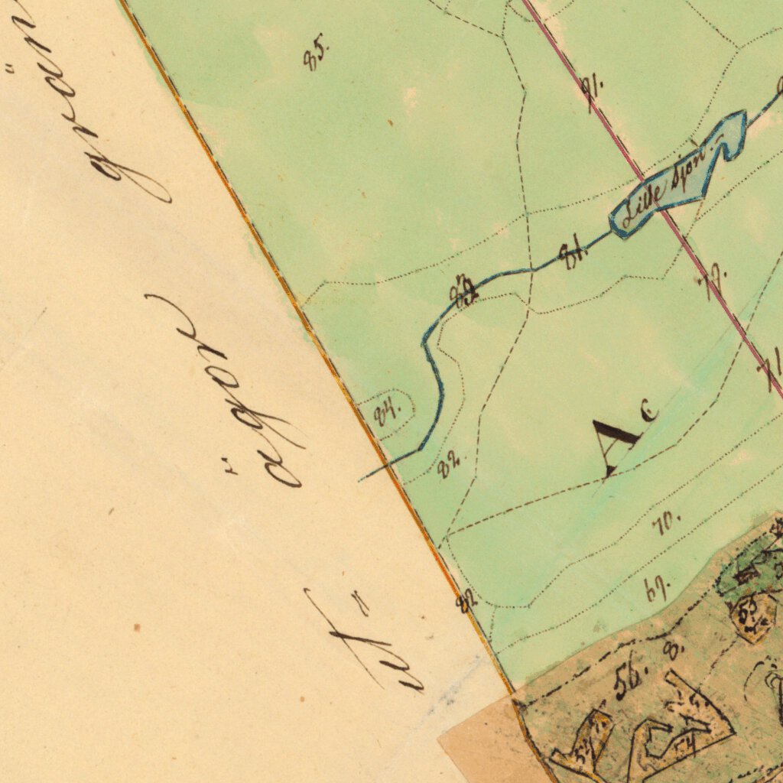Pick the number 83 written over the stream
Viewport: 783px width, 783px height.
463,291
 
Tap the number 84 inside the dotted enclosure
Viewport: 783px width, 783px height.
388,414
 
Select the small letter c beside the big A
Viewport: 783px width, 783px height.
650,414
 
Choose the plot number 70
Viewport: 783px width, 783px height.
666,524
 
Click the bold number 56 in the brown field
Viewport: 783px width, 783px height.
631,678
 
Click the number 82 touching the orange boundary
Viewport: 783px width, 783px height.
466,601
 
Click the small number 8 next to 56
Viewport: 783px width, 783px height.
673,651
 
